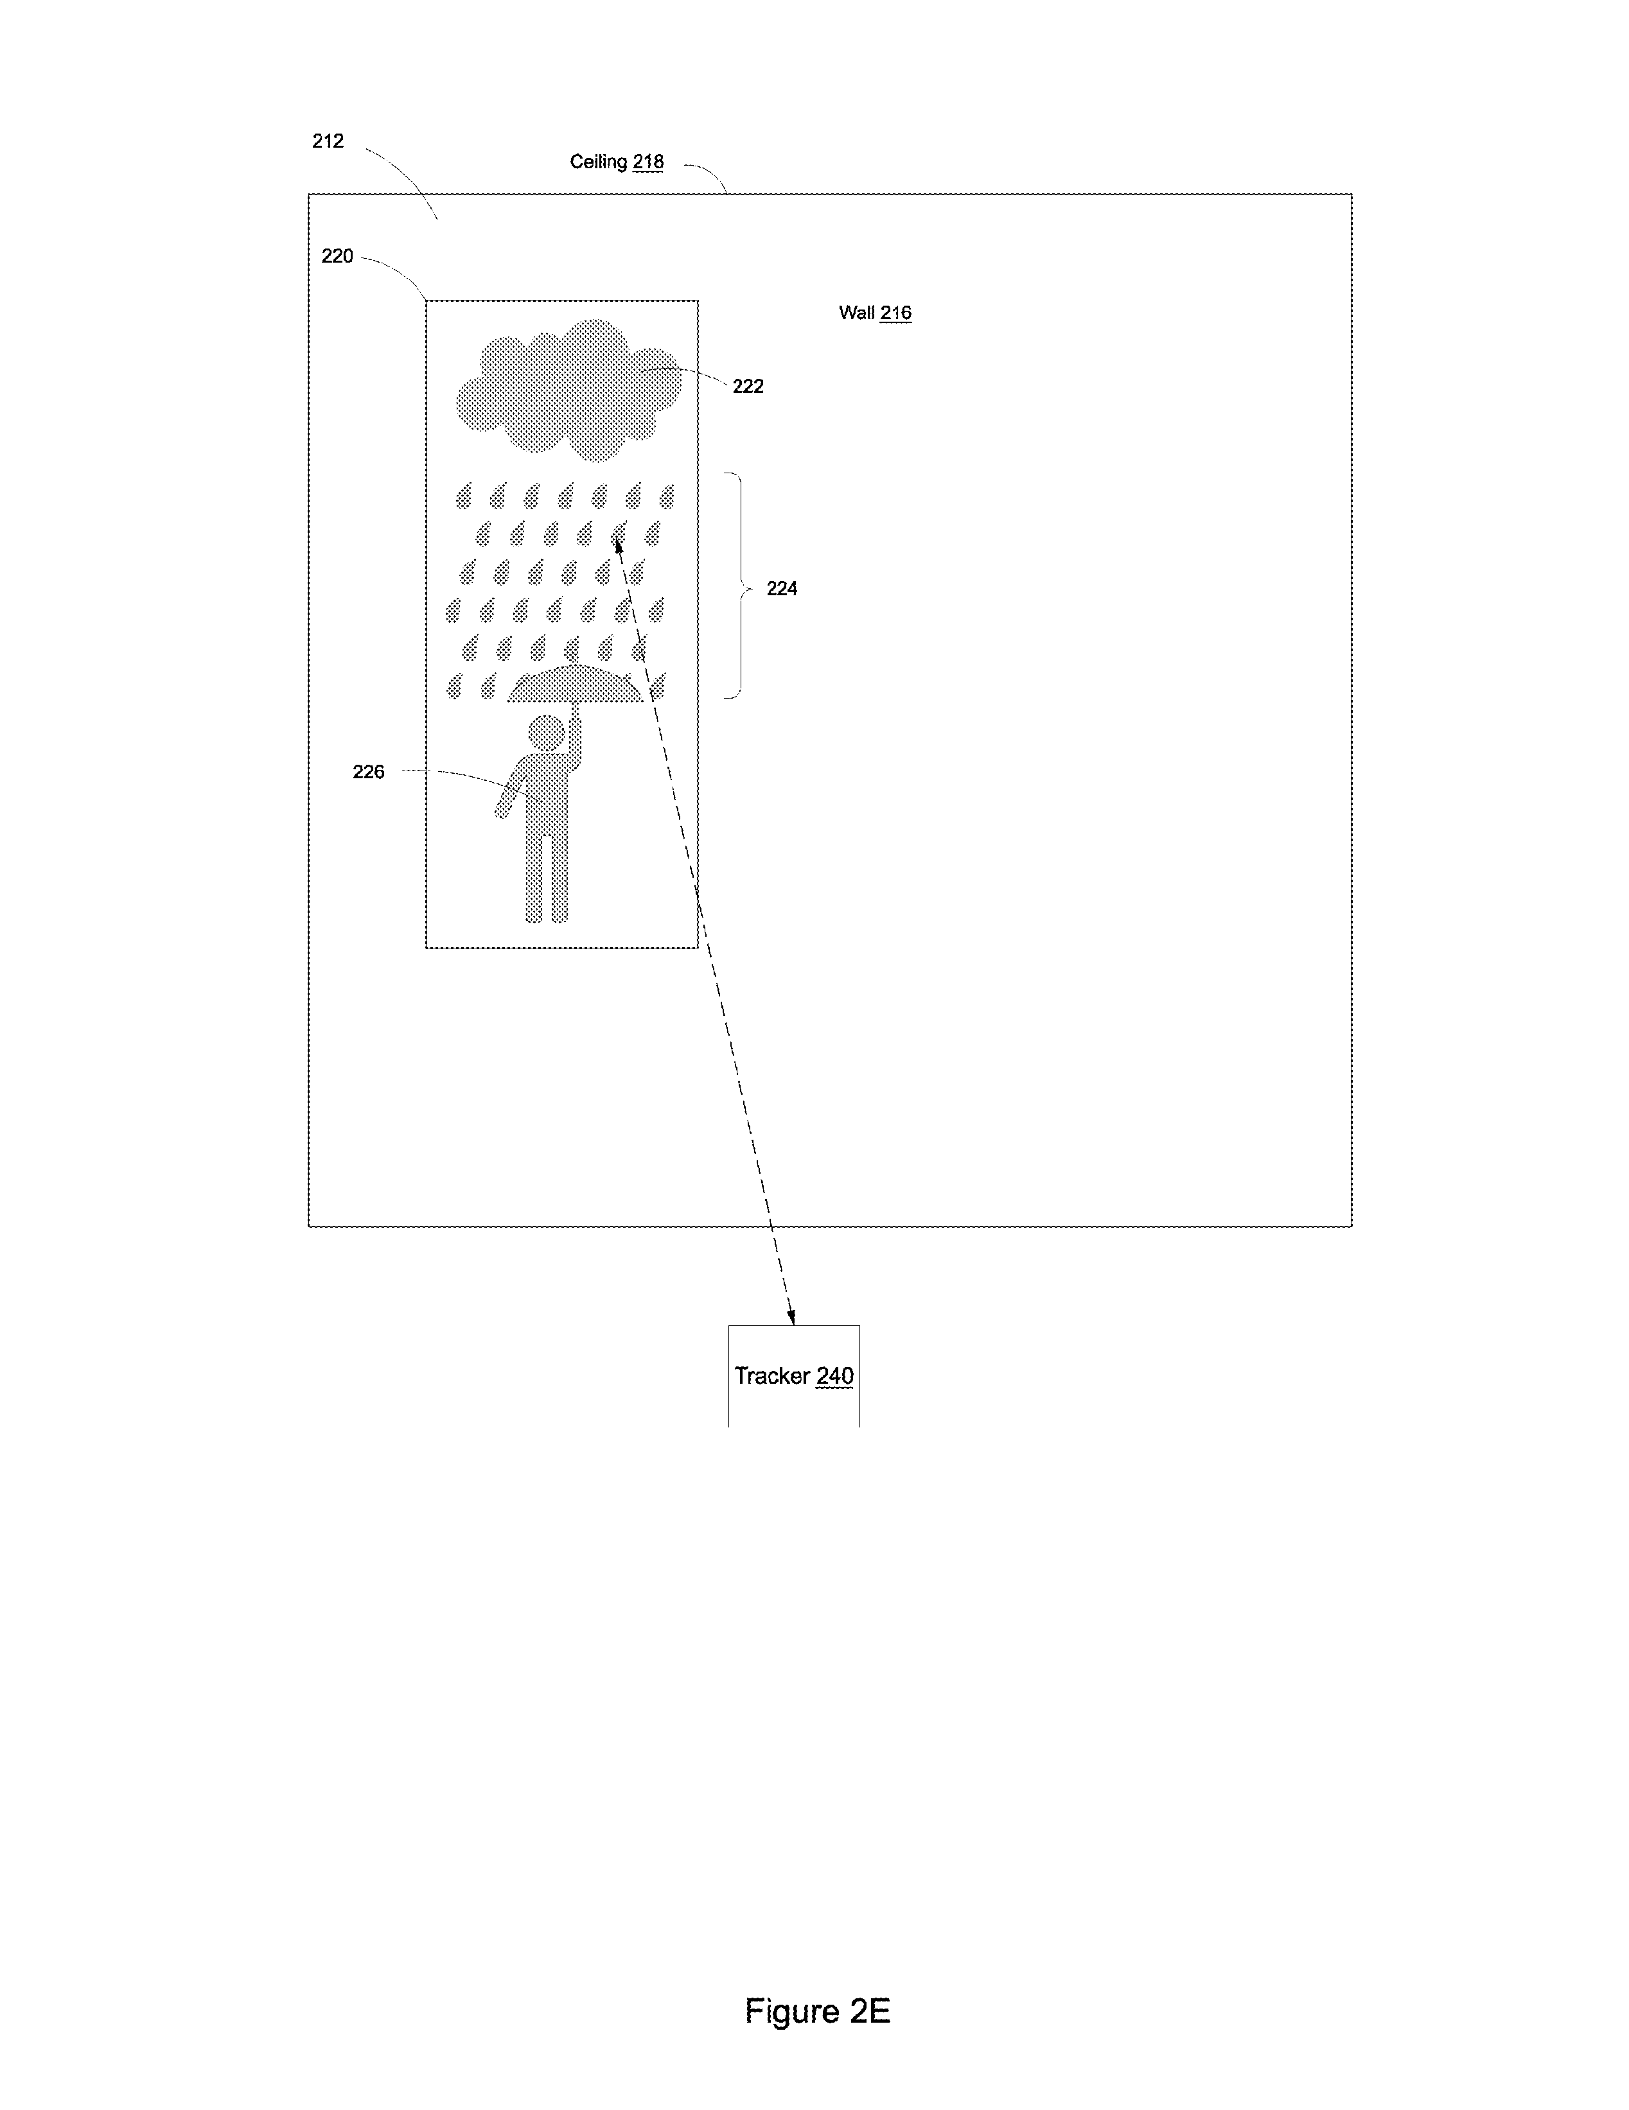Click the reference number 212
[328, 141]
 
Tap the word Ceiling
[598, 162]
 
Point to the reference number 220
[337, 256]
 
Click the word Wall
[857, 312]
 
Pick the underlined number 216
[895, 312]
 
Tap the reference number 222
[748, 387]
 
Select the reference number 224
[782, 588]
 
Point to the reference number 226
[368, 772]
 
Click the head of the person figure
[547, 733]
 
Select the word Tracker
[772, 1376]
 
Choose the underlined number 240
[835, 1376]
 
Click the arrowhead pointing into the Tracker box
[791, 1317]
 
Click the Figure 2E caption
[818, 2012]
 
